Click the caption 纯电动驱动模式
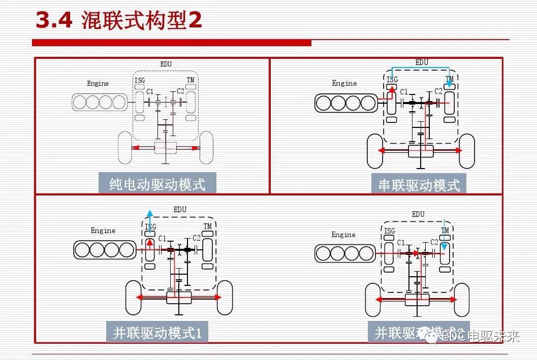pyautogui.click(x=157, y=183)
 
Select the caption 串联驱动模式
pyautogui.click(x=419, y=185)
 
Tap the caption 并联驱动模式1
pyautogui.click(x=157, y=333)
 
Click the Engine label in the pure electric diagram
pyautogui.click(x=98, y=83)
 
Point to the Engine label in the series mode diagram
pyautogui.click(x=344, y=83)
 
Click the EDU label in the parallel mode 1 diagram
pyautogui.click(x=180, y=209)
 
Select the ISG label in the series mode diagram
pyautogui.click(x=392, y=79)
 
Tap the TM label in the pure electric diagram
pyautogui.click(x=191, y=80)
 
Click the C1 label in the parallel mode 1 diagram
pyautogui.click(x=163, y=238)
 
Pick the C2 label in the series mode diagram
pyautogui.click(x=438, y=91)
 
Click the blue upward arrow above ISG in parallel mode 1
pyautogui.click(x=149, y=215)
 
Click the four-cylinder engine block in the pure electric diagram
pyautogui.click(x=99, y=102)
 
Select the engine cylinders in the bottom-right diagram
pyautogui.click(x=344, y=253)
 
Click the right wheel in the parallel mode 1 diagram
pyautogui.click(x=225, y=298)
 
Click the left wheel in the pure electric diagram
pyautogui.click(x=124, y=148)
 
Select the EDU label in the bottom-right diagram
pyautogui.click(x=418, y=214)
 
